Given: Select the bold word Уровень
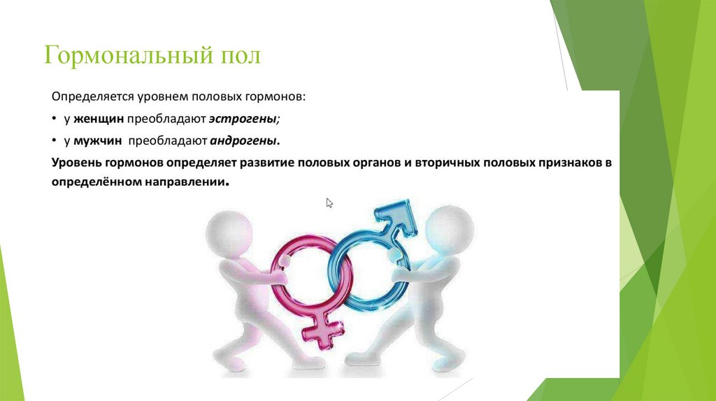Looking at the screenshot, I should (76, 162).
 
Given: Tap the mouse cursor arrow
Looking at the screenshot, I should (329, 203).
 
